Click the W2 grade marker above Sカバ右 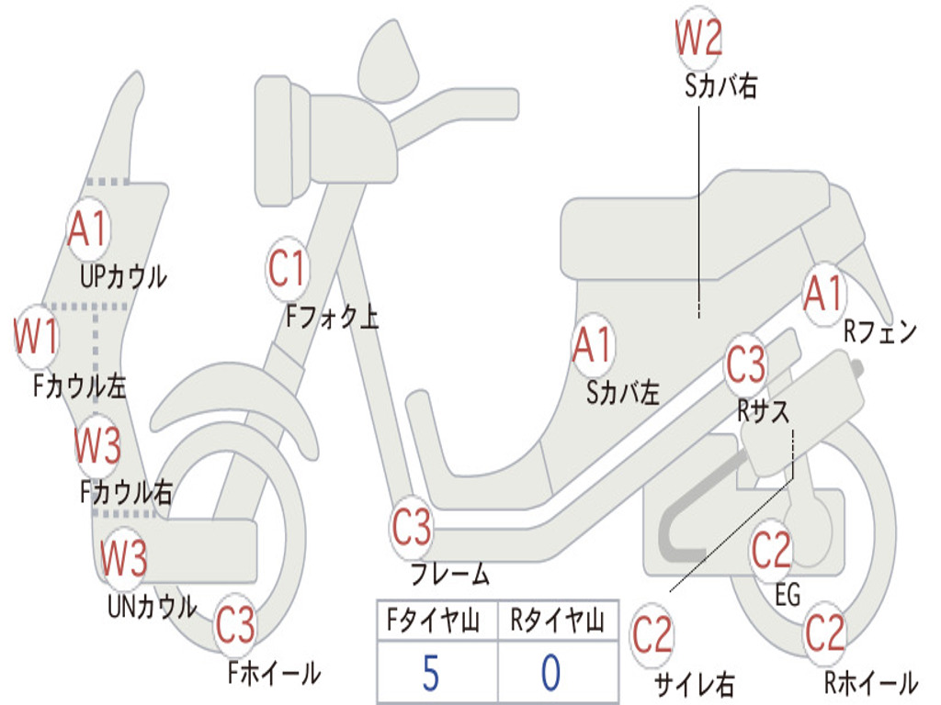698,39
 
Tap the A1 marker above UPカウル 88,229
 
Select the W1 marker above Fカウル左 36,336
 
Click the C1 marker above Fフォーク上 287,268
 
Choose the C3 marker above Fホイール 235,625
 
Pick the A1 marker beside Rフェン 824,294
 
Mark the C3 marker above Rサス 746,364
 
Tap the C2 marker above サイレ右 652,635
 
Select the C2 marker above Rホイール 824,633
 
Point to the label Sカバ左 623,393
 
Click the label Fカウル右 127,492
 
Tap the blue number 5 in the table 431,673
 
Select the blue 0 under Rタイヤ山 551,673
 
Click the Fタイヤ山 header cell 437,620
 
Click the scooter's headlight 282,141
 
